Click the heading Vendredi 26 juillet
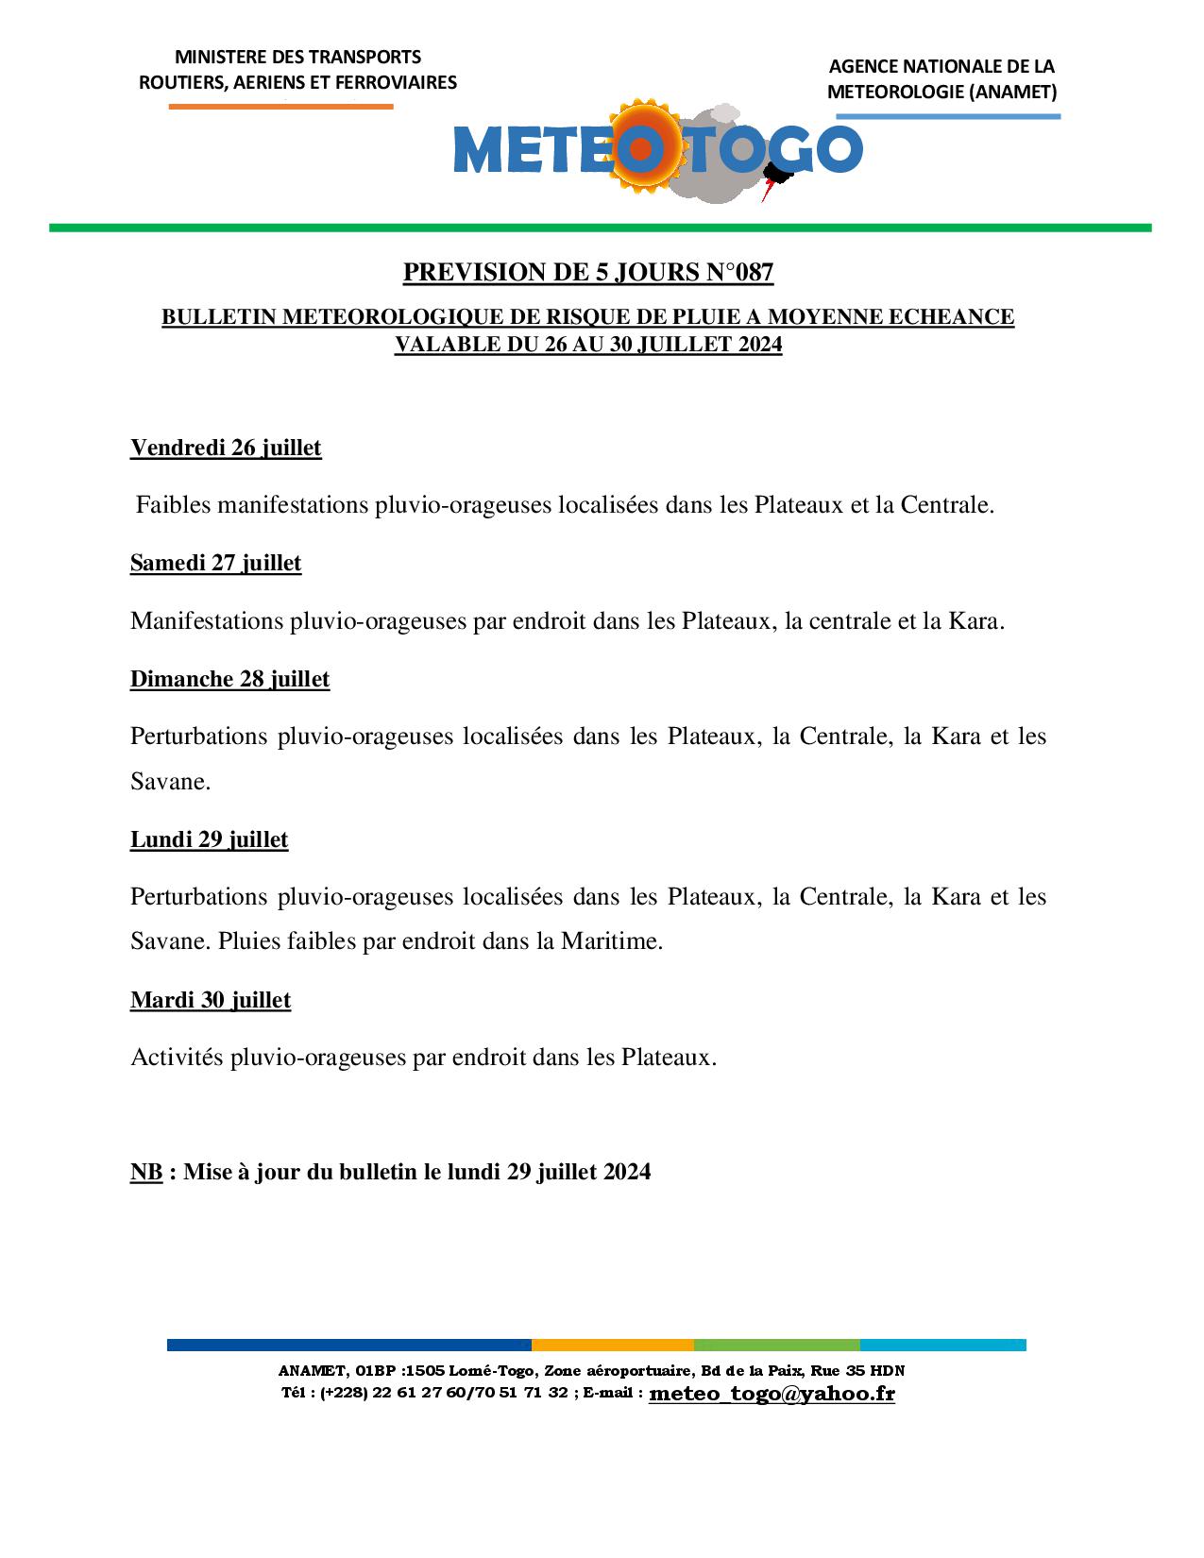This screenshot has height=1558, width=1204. pos(226,448)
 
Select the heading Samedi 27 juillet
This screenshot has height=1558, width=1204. pos(215,563)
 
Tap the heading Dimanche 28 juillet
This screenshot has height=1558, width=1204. pos(229,679)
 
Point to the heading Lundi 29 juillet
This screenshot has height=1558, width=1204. pos(209,839)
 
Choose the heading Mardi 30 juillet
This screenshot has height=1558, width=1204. pos(211,1000)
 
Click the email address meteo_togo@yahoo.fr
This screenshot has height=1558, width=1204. pos(772,1393)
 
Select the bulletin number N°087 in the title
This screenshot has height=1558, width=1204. pos(739,273)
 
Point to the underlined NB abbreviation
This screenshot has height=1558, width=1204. pos(146,1172)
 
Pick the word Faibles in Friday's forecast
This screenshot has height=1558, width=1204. pos(173,505)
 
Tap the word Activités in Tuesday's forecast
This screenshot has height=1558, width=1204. pos(177,1058)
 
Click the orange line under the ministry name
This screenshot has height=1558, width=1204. pos(280,107)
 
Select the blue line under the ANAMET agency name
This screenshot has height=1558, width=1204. pos(948,116)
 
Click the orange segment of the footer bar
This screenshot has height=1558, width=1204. pos(612,1345)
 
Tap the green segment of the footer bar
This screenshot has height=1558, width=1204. pos(776,1345)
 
